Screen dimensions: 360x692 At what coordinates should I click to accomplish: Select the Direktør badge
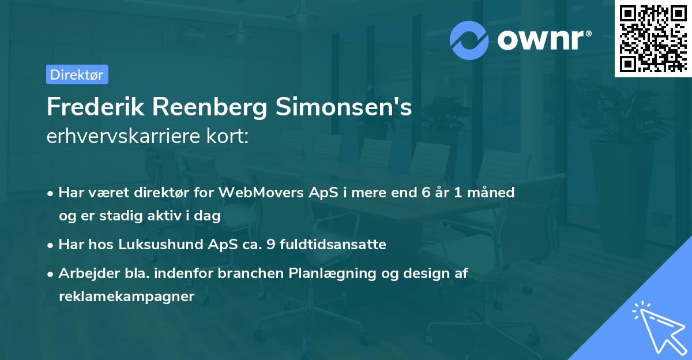coord(77,74)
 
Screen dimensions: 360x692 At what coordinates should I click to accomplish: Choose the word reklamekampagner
coord(127,297)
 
